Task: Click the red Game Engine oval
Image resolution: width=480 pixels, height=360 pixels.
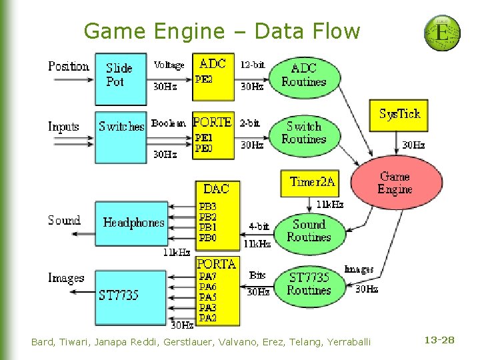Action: pos(396,183)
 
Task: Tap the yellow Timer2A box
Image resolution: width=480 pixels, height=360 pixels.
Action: pos(313,182)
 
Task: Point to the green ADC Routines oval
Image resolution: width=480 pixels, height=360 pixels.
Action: pos(304,75)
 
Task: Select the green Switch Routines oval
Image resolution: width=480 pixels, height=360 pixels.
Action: pos(304,133)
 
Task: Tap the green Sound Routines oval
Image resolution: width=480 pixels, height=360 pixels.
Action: pos(308,231)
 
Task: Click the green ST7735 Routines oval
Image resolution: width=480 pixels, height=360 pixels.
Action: pos(309,284)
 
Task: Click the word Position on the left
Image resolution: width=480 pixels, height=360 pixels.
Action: pos(68,66)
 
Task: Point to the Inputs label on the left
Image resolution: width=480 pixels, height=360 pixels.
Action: pos(64,126)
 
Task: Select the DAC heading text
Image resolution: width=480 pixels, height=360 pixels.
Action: pos(215,189)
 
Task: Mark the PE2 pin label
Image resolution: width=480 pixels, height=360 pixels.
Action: pos(204,79)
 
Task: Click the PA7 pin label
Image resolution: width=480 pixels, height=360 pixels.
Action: pos(207,276)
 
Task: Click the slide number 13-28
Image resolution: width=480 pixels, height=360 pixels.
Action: pos(439,341)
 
